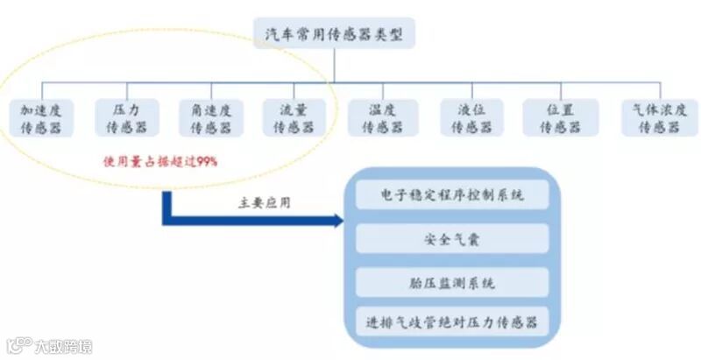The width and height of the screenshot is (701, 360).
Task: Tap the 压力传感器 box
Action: click(127, 117)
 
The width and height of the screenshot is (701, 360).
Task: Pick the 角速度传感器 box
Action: click(211, 117)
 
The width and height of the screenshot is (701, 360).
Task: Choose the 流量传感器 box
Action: click(294, 117)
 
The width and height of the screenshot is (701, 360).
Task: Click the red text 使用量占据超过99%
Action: click(159, 162)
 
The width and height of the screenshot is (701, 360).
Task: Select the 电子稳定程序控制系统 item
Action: click(453, 194)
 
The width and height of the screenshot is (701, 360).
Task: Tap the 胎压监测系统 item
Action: click(453, 281)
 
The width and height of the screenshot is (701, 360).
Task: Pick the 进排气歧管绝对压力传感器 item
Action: click(453, 322)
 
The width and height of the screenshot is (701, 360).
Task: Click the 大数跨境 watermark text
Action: click(62, 346)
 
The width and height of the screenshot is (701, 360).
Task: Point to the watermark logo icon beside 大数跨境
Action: click(18, 346)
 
